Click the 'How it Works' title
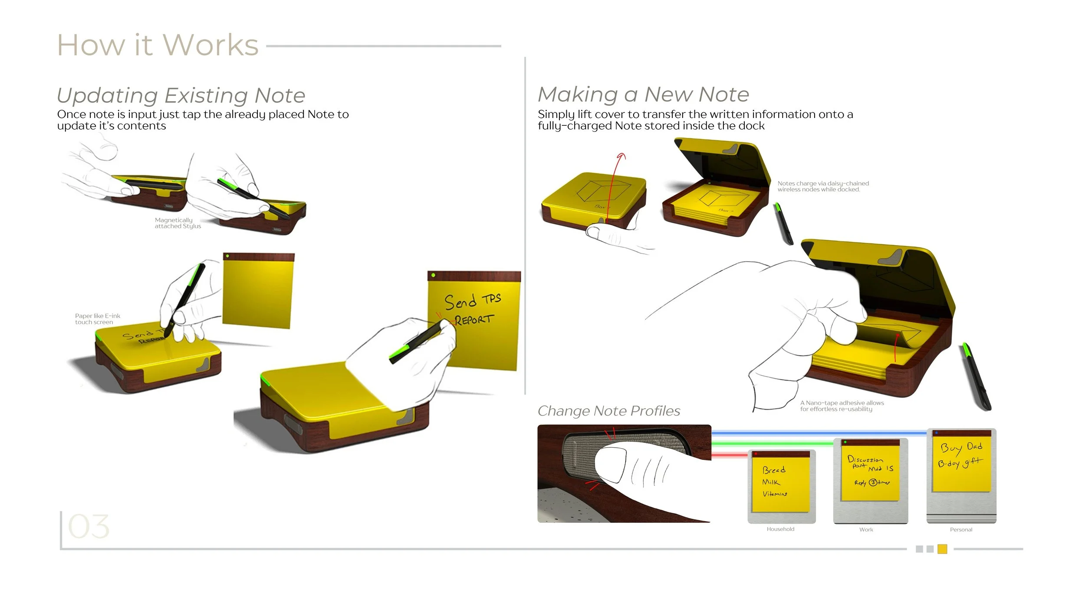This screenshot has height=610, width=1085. (x=158, y=45)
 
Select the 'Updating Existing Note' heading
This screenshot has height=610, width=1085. (x=181, y=95)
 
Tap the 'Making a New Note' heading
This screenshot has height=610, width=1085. (x=643, y=94)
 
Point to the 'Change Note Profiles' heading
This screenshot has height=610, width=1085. (x=608, y=411)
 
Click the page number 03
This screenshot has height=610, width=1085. (x=89, y=527)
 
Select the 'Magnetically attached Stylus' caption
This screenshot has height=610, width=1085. (x=178, y=223)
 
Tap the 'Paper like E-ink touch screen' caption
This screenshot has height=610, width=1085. (x=97, y=319)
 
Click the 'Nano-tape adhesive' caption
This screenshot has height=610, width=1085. (x=842, y=406)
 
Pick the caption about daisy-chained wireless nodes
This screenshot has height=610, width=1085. (x=823, y=187)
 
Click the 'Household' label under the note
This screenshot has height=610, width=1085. (x=780, y=529)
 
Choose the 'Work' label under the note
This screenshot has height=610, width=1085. (x=866, y=530)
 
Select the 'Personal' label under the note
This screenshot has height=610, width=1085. (x=961, y=530)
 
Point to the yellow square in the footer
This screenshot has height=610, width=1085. (x=942, y=549)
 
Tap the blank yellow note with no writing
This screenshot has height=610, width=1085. (x=258, y=291)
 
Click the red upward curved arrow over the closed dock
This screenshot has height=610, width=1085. (x=615, y=182)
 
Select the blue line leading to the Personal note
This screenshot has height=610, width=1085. (x=820, y=433)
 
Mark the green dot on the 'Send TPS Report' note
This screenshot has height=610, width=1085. (x=433, y=275)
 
